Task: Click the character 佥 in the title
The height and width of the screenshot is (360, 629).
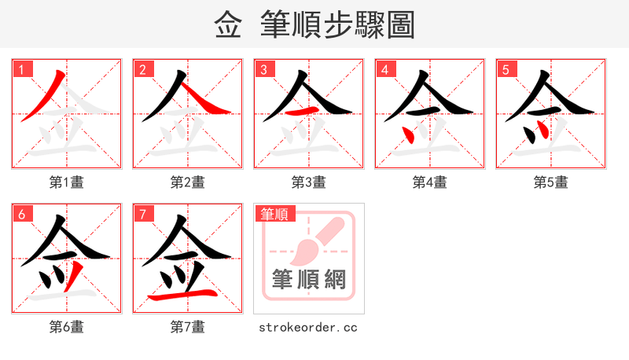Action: point(228,25)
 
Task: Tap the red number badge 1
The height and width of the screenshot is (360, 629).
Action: point(22,69)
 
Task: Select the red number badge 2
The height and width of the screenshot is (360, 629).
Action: point(143,69)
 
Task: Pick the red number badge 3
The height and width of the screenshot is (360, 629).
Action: point(264,69)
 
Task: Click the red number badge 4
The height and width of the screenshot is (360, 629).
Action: point(385,69)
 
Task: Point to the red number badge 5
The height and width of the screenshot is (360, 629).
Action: point(506,69)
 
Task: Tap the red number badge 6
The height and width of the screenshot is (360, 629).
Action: point(22,214)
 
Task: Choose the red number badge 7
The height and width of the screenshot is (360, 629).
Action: point(143,214)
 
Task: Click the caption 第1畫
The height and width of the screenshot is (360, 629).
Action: point(67,182)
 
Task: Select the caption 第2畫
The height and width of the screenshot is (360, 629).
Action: point(188,182)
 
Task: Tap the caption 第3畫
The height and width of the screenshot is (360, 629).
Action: point(309,182)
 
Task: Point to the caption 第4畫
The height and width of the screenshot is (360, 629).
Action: point(430,182)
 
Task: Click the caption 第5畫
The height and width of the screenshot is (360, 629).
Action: point(551,182)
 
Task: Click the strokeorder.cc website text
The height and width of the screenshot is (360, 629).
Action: point(309,327)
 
